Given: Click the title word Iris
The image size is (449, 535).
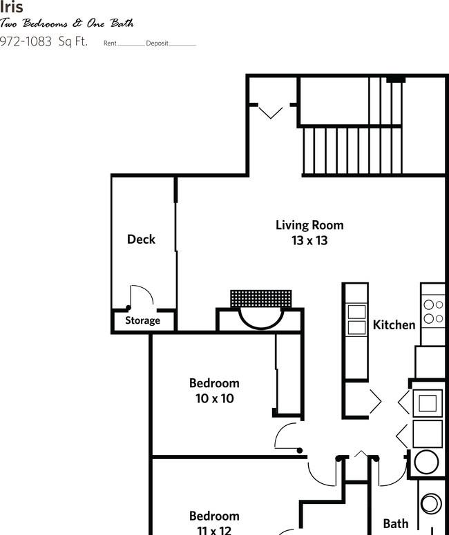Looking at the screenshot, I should click(x=12, y=8).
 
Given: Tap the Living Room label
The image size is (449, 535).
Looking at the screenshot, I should click(x=309, y=225).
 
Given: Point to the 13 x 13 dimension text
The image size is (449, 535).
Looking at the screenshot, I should click(x=309, y=241).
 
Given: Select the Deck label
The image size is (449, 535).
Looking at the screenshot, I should click(x=141, y=240).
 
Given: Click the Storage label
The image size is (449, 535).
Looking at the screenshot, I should click(x=142, y=320).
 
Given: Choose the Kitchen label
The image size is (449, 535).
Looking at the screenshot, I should click(x=394, y=324).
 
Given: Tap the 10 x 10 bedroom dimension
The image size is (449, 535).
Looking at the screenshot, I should click(x=214, y=398).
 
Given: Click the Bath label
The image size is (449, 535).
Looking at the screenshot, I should click(x=396, y=524).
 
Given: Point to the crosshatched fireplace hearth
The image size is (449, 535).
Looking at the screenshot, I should click(x=265, y=299).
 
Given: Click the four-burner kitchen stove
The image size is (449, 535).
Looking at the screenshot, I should click(x=433, y=311).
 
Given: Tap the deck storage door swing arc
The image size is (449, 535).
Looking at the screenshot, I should click(x=142, y=297).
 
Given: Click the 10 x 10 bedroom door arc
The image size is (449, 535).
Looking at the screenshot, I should click(x=286, y=437).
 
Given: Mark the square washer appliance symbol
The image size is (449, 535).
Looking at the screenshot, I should click(x=427, y=402).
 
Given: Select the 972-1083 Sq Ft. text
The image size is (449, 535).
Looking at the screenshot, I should click(x=44, y=41).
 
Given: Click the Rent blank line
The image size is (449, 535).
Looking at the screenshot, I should click(x=131, y=44).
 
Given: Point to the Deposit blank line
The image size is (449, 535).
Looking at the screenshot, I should click(x=182, y=44).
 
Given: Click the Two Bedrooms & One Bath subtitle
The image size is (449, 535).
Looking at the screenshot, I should click(x=67, y=23).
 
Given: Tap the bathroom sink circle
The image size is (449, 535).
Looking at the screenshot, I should click(x=431, y=503).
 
